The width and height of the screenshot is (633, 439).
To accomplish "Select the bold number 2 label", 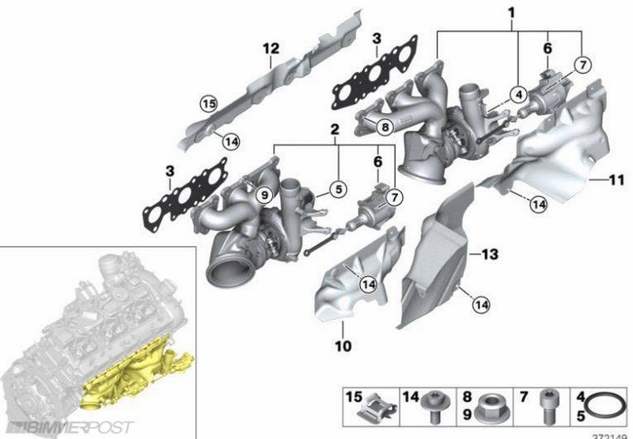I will point(335,129).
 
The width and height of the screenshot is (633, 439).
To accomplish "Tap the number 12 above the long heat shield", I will point(271,49).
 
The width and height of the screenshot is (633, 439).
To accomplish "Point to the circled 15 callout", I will point(208,104).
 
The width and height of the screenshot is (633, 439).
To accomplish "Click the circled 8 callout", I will point(383,125).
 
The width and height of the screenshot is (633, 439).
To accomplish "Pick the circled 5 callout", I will point(337,189).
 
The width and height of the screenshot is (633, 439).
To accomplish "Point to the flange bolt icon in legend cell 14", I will point(433,407).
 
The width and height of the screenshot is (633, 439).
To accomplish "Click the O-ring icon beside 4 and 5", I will point(612,408).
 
